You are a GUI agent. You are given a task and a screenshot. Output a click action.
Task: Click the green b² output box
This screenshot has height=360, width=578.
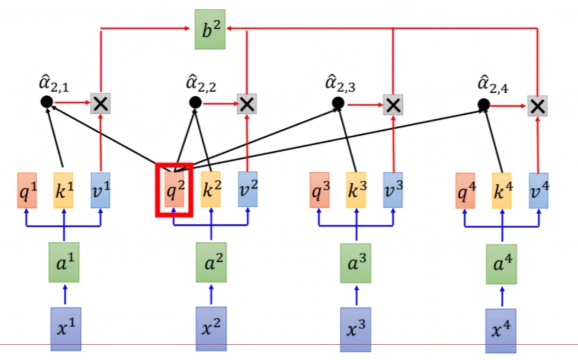coord(210,29)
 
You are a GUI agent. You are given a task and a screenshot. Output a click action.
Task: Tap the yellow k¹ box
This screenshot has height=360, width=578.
coord(63,190)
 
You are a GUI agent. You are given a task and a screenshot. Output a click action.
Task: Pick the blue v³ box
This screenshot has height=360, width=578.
coord(393,190)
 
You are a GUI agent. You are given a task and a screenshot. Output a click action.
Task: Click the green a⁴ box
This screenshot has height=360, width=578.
coord(501,264)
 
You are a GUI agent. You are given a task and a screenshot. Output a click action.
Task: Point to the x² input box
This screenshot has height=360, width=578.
coord(211,329)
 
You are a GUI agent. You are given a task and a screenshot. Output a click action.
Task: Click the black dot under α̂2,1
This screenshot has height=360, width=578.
coord(47,101)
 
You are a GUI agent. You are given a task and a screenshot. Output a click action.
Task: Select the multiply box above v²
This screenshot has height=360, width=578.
coord(247,103)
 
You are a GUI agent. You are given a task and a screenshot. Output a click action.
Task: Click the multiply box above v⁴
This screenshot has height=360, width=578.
coord(537,106)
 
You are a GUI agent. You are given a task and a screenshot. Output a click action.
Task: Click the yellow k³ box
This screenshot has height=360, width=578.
coord(356,190)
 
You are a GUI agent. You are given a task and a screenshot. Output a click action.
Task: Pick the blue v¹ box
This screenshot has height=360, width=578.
coord(100,190)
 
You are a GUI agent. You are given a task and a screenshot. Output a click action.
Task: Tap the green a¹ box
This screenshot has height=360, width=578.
coord(64,262)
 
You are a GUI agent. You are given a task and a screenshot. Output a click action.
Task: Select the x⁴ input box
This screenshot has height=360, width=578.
coord(501,330)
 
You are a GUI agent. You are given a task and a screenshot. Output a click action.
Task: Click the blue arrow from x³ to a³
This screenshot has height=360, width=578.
coord(355,295)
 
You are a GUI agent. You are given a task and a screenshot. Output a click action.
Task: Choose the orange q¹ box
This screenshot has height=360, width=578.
coord(27,190)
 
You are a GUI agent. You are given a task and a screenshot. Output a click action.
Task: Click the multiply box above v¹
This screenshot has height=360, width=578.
coord(101,102)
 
